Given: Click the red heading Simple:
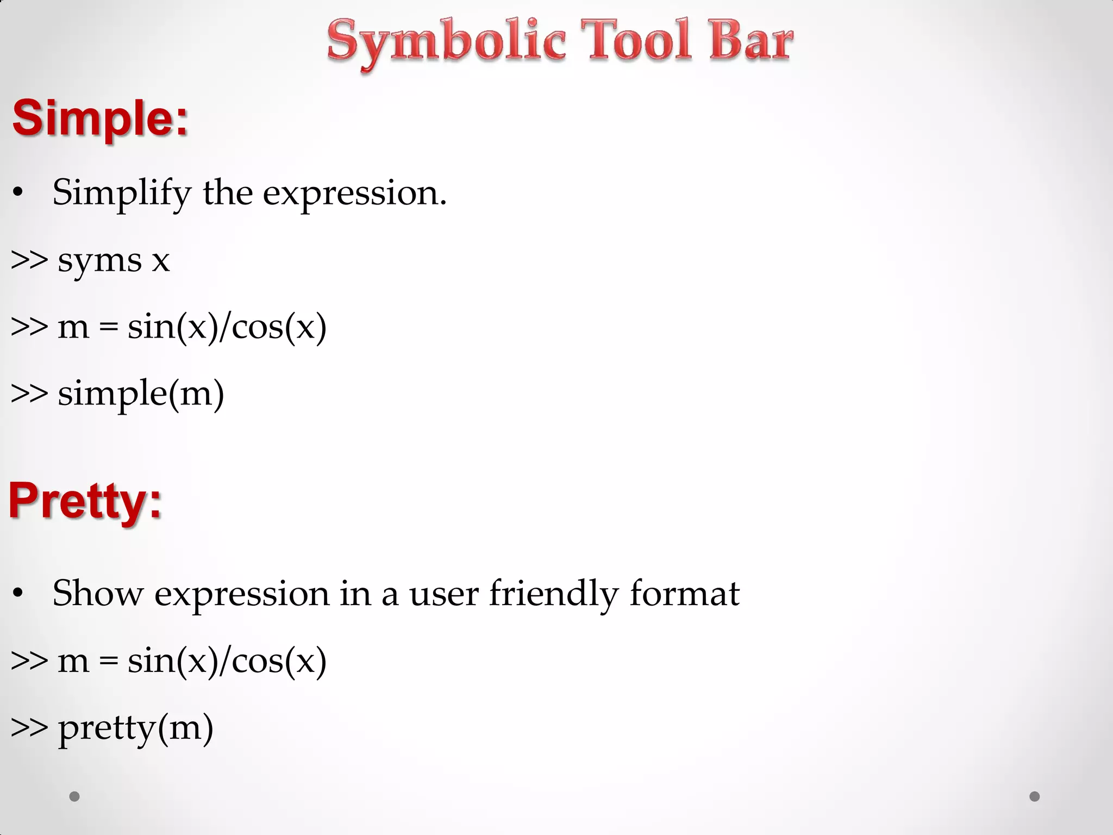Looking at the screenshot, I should [101, 118].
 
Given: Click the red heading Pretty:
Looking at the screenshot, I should [85, 501].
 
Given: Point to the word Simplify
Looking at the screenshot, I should [122, 193].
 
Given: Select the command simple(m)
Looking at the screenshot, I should [141, 394].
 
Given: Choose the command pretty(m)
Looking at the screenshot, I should [135, 728].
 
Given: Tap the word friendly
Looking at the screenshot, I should [553, 594].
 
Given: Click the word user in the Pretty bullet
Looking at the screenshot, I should [443, 594].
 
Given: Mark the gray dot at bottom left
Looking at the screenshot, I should [74, 796].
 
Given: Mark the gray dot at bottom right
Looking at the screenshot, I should [1035, 796].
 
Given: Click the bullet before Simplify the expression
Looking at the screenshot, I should [18, 193].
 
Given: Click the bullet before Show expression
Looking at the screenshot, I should [18, 594].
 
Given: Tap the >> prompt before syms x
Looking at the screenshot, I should [29, 260].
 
